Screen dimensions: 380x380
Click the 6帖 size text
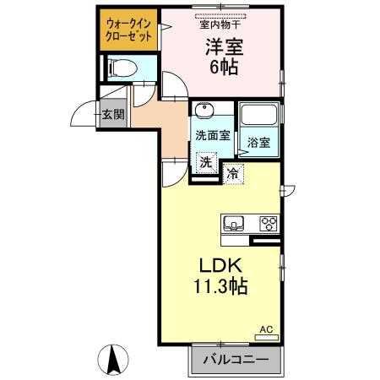pos(223,68)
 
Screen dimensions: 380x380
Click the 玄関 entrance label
pos(113,114)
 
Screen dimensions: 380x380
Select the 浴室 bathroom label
pos(258,144)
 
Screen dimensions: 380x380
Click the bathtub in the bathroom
pos(260,118)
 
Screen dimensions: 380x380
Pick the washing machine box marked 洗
pos(206,162)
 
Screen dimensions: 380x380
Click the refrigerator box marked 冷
pos(233,174)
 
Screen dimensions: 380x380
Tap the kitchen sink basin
pos(234,224)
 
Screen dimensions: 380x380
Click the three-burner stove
pos(269,224)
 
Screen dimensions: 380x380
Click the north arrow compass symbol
pos(113,361)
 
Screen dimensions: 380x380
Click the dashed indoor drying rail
pos(222,15)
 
